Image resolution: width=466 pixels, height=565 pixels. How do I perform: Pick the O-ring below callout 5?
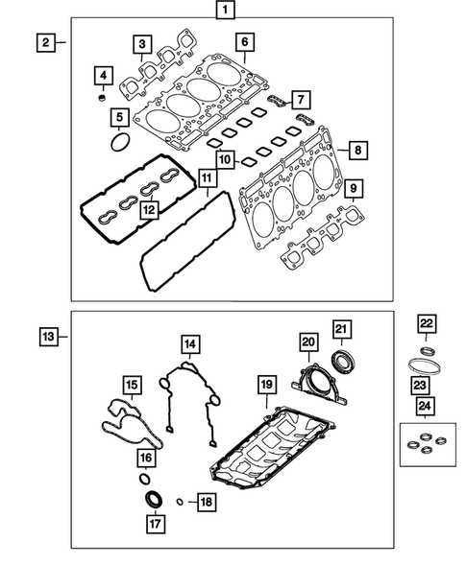pyautogui.click(x=119, y=143)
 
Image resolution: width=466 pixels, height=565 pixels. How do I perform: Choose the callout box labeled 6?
pyautogui.click(x=245, y=42)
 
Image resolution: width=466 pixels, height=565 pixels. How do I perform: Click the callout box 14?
pyautogui.click(x=191, y=343)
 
